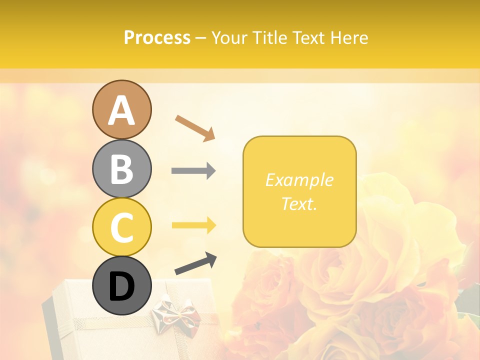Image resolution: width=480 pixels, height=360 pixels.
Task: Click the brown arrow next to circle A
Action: pyautogui.click(x=195, y=127)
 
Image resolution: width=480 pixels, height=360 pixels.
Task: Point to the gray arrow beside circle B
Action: pyautogui.click(x=193, y=171)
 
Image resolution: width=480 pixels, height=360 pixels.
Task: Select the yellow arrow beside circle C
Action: pyautogui.click(x=193, y=225)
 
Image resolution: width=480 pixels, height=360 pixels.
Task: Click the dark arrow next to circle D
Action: pyautogui.click(x=195, y=263)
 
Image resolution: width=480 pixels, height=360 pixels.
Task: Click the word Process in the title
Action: pyautogui.click(x=157, y=38)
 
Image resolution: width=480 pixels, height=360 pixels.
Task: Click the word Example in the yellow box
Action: pyautogui.click(x=299, y=180)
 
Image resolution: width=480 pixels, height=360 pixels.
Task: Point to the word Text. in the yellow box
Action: pyautogui.click(x=299, y=203)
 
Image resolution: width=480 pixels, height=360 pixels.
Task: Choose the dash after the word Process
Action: pyautogui.click(x=201, y=38)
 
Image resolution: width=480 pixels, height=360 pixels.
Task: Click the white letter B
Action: pyautogui.click(x=122, y=169)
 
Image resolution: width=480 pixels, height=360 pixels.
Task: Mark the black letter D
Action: pyautogui.click(x=122, y=286)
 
